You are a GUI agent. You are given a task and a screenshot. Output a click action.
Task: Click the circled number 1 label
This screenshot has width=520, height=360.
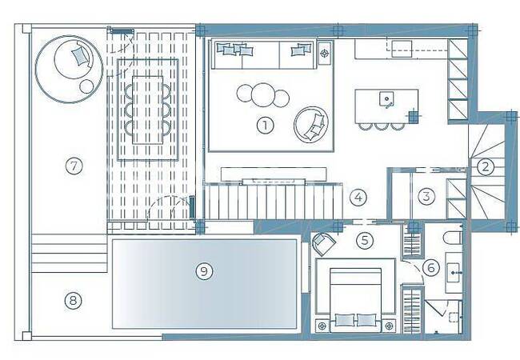point(265,126)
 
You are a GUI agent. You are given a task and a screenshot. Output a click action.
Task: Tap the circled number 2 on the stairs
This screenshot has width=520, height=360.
point(485,166)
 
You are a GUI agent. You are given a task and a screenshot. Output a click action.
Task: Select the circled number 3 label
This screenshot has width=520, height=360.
point(426,196)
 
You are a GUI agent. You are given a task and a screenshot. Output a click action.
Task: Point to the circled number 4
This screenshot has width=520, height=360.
point(358,198)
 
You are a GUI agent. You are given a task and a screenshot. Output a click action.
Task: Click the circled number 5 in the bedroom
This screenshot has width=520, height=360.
point(365,240)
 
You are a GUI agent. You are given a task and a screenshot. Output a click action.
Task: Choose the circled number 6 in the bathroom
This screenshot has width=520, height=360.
point(431,267)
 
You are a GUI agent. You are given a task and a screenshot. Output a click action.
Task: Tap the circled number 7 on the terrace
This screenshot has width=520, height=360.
point(74,166)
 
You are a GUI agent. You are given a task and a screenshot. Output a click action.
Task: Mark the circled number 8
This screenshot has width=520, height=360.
point(73,301)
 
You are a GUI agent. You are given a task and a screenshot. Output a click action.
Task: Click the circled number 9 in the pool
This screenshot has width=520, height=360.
point(204,271)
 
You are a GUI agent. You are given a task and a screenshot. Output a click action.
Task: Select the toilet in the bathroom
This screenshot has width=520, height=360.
point(452,238)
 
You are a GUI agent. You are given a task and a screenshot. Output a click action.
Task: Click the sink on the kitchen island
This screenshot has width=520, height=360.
point(386,98)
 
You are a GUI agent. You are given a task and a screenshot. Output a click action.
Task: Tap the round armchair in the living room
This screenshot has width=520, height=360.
point(311,125)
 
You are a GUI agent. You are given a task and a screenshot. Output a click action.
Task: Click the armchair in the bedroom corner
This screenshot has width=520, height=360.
point(323,243)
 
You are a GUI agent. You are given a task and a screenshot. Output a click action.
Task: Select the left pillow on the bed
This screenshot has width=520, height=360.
point(345,320)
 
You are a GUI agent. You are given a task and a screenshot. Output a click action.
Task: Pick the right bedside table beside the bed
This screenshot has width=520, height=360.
point(389,326)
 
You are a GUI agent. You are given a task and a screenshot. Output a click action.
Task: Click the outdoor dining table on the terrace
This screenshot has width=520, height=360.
point(147,110)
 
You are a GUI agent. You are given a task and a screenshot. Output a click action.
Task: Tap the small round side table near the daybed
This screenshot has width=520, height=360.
point(86,87)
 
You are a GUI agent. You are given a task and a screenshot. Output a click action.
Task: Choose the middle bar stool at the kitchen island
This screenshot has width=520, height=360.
point(380,126)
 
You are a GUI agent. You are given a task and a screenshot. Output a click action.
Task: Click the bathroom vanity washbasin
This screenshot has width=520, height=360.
point(454,273)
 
